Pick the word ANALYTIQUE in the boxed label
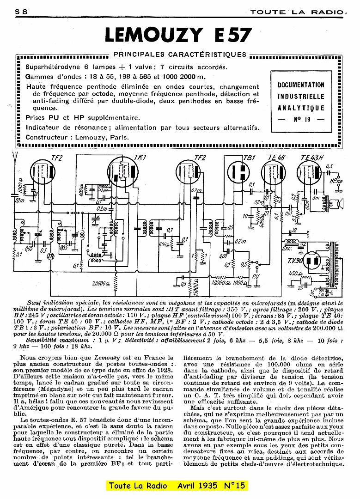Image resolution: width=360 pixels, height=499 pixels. point(301,108)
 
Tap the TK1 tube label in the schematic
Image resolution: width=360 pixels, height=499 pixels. point(140,158)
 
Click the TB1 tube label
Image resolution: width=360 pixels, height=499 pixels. point(249,158)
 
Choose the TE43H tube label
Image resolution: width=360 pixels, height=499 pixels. point(312,158)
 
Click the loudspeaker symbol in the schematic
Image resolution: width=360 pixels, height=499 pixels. point(342,203)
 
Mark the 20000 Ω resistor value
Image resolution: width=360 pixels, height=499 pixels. point(100,283)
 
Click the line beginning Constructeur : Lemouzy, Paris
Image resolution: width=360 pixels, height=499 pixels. point(77,137)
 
